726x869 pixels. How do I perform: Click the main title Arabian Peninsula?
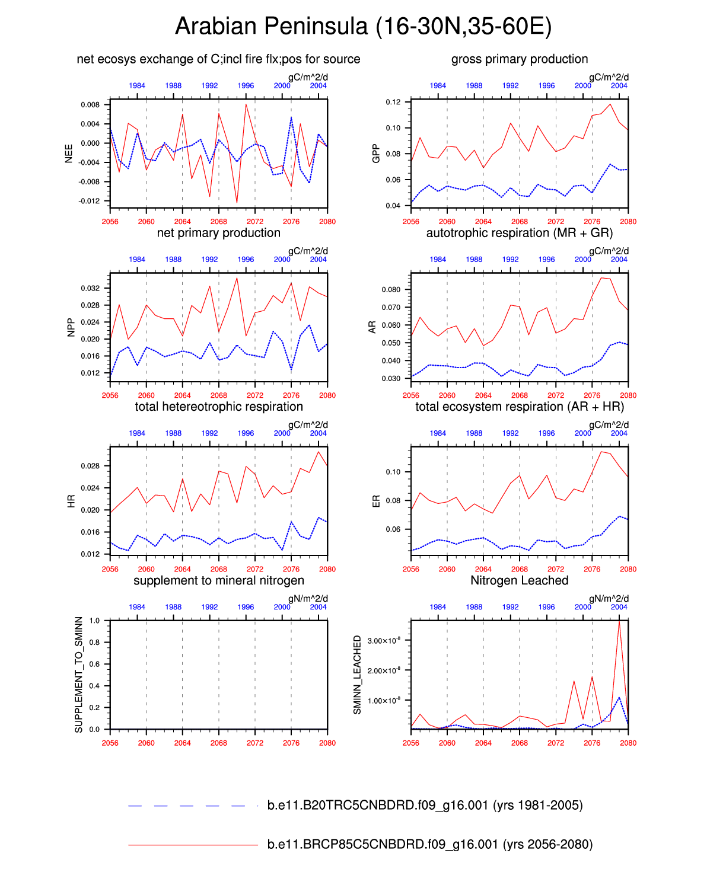pyautogui.click(x=363, y=27)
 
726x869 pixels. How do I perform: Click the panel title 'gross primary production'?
pyautogui.click(x=520, y=59)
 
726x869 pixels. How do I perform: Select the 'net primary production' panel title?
pyautogui.click(x=218, y=233)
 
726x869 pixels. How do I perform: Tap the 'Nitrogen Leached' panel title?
pyautogui.click(x=519, y=580)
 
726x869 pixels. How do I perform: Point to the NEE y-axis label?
pyautogui.click(x=69, y=153)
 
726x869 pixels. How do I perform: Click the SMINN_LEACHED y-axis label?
pyautogui.click(x=357, y=675)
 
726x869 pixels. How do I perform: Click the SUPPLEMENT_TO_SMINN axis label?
pyautogui.click(x=79, y=675)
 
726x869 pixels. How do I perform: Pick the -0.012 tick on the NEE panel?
pyautogui.click(x=90, y=201)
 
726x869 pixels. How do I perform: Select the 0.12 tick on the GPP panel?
pyautogui.click(x=393, y=102)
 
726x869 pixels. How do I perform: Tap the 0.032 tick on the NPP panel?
pyautogui.click(x=90, y=289)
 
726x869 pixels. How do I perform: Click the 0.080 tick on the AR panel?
pyautogui.click(x=391, y=290)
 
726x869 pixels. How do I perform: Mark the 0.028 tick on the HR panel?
pyautogui.click(x=90, y=466)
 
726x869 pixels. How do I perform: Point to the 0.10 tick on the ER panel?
pyautogui.click(x=393, y=472)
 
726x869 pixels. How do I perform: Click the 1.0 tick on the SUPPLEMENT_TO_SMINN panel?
pyautogui.click(x=94, y=621)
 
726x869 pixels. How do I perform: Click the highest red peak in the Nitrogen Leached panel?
pyautogui.click(x=619, y=621)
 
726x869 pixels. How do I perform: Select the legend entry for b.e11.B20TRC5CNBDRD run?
pyautogui.click(x=425, y=805)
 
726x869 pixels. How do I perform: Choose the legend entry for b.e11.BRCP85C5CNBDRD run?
pyautogui.click(x=429, y=844)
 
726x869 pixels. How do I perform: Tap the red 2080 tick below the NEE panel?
pyautogui.click(x=327, y=222)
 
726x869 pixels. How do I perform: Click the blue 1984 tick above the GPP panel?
pyautogui.click(x=438, y=86)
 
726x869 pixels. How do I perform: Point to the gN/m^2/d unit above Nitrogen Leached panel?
pyautogui.click(x=609, y=599)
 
